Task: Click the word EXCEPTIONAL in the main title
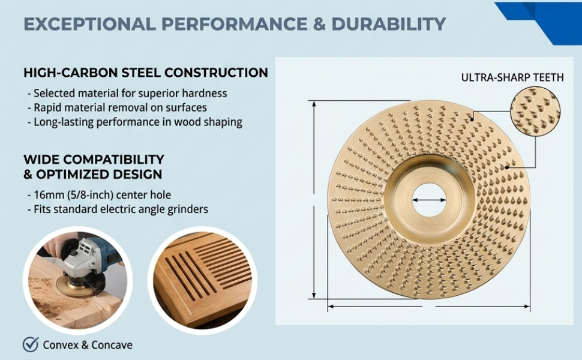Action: (x=89, y=24)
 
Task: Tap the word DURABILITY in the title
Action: (x=389, y=24)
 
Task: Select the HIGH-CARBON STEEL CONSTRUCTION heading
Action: (x=146, y=73)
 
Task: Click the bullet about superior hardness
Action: (x=127, y=93)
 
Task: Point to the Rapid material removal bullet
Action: (x=117, y=107)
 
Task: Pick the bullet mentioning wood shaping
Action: (x=135, y=122)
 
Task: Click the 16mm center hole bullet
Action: (x=100, y=195)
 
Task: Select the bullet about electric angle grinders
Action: (x=118, y=209)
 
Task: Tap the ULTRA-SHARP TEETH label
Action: (x=512, y=77)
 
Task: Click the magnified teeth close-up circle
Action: (x=535, y=110)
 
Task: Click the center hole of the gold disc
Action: (x=429, y=200)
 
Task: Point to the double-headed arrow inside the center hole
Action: (x=429, y=200)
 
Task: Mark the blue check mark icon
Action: (x=31, y=344)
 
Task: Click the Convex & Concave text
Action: (x=88, y=345)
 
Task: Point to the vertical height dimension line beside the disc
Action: (x=314, y=200)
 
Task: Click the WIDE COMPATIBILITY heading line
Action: (x=94, y=159)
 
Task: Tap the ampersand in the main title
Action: (x=319, y=24)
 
